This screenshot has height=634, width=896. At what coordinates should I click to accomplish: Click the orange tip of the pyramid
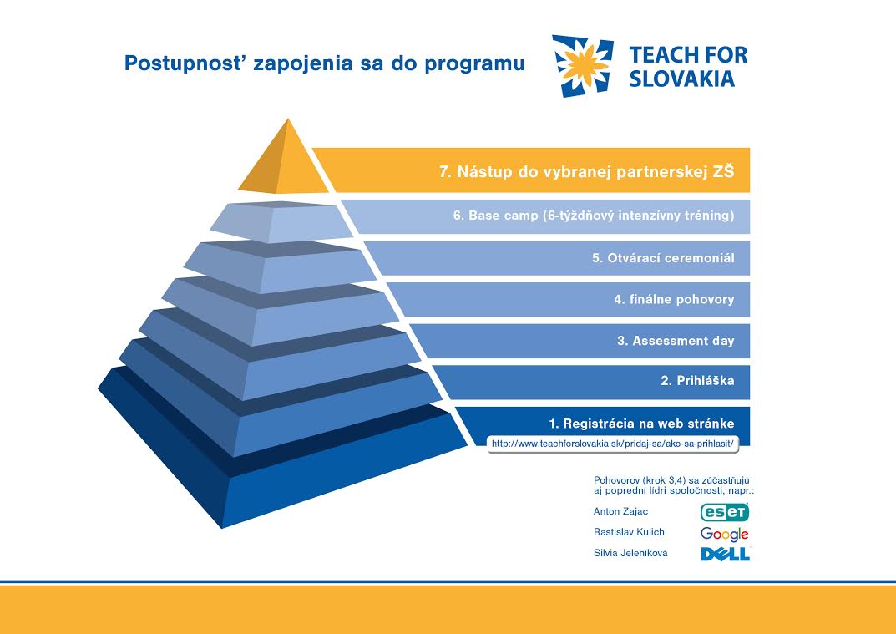284,163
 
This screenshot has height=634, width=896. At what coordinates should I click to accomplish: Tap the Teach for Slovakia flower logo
583,66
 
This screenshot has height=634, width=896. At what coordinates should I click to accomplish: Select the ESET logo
725,512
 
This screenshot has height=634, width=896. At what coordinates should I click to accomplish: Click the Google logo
725,534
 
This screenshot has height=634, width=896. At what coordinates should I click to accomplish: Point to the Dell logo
725,554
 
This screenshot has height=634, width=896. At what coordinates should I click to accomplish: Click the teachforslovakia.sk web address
612,444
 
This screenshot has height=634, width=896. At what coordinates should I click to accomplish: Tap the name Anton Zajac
620,511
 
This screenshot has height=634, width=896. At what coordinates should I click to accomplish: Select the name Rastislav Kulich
629,532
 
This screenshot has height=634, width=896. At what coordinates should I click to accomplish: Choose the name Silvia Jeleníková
630,553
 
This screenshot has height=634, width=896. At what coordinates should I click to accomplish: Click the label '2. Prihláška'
697,381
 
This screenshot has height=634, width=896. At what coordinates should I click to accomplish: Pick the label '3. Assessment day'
676,341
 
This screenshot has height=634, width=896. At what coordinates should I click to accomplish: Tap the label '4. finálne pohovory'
674,299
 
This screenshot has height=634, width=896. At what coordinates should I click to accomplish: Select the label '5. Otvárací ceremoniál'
663,258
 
